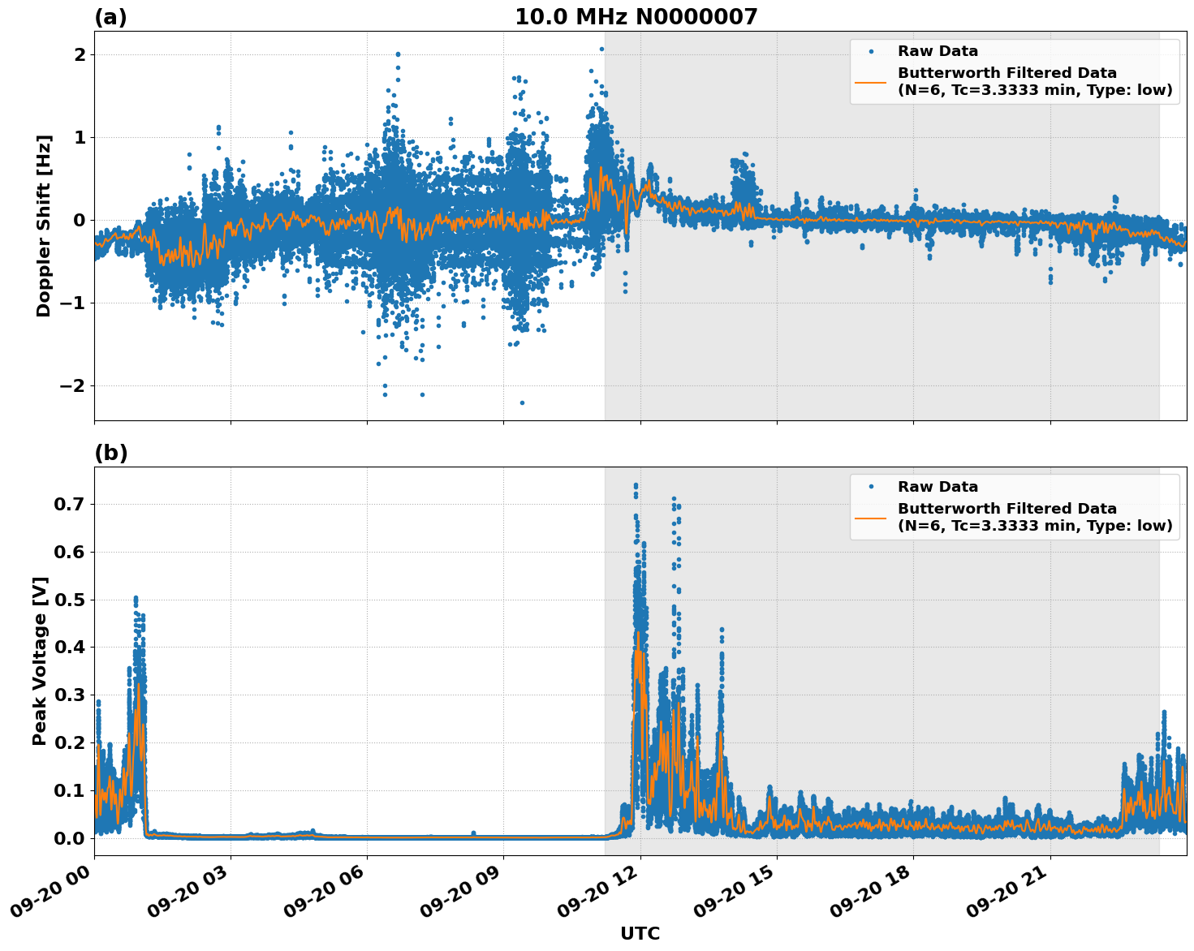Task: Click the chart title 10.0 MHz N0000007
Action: tap(636, 17)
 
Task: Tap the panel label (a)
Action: tap(110, 17)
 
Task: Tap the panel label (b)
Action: tap(110, 453)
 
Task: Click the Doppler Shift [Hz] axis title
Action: tap(44, 226)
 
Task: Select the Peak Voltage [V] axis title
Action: tap(40, 661)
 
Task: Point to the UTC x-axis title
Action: tap(640, 933)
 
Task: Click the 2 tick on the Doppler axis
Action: tap(80, 55)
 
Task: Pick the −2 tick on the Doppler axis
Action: tap(72, 385)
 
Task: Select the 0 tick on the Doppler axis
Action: tap(80, 221)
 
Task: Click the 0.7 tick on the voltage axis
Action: tap(71, 504)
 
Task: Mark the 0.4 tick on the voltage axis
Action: tap(71, 648)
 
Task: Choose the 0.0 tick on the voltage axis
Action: tap(71, 838)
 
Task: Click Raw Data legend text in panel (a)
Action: tap(938, 51)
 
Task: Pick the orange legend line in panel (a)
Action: tap(870, 81)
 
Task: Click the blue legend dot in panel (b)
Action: tap(871, 487)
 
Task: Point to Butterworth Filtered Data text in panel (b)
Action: tap(1006, 509)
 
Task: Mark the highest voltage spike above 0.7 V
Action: tap(636, 485)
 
